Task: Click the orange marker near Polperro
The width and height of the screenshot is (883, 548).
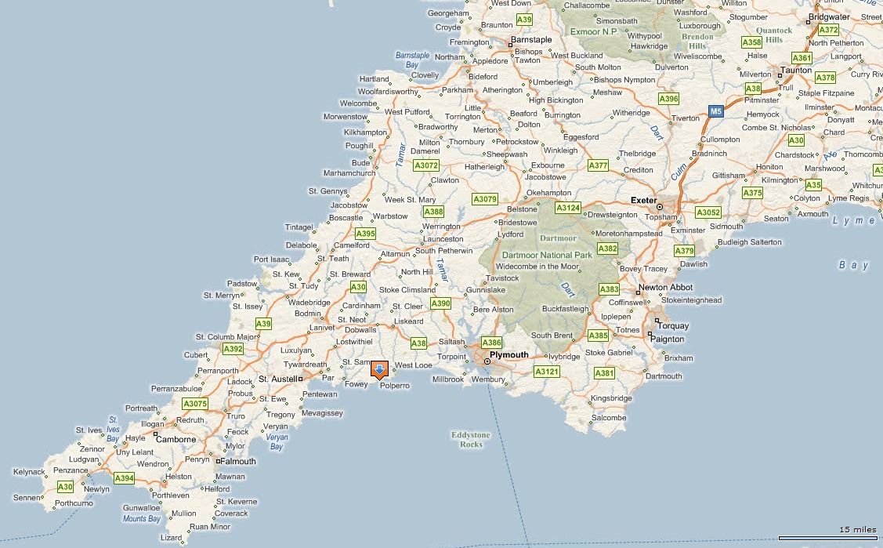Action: point(379,369)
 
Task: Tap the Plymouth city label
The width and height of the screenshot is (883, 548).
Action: point(510,355)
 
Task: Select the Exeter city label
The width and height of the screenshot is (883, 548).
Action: point(643,200)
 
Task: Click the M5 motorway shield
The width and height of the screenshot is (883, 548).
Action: point(715,111)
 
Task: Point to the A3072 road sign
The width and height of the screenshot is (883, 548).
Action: point(426,166)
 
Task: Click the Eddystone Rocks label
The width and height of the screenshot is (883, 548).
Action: point(471,439)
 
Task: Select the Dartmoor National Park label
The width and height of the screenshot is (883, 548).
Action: point(547,256)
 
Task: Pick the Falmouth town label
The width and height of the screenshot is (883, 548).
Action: point(237,461)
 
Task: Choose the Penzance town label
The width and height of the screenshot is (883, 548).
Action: point(71,470)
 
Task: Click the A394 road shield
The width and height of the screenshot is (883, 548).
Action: point(124,477)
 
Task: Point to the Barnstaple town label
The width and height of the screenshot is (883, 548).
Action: point(531,39)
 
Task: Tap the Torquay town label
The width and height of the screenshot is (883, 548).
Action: point(673,325)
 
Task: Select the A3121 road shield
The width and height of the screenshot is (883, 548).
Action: point(547,372)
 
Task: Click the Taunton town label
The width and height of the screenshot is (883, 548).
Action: point(797,71)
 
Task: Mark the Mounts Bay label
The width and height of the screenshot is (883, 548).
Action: point(141,518)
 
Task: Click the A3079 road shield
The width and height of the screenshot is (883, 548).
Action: point(485,199)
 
